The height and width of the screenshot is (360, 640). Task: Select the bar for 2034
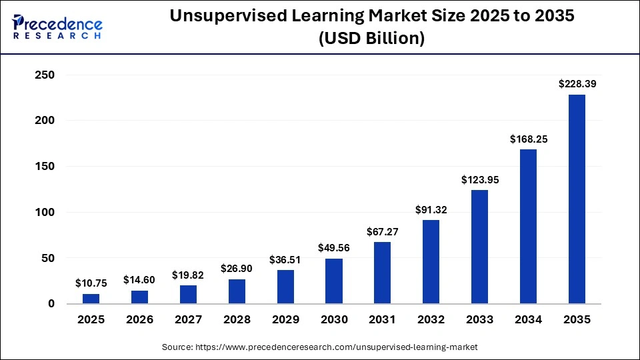(528, 227)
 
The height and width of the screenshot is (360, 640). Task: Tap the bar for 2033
(479, 247)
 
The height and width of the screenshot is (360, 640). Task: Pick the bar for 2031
(382, 273)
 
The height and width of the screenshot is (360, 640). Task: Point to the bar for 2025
(91, 299)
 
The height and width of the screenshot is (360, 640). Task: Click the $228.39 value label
(577, 84)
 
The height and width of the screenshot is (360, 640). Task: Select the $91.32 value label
(431, 210)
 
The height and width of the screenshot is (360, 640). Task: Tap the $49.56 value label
(333, 248)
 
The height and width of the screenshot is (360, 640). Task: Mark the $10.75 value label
(91, 283)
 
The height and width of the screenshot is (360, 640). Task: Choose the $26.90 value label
(237, 269)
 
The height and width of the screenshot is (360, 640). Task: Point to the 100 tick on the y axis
(44, 213)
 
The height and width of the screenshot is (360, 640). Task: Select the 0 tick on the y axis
(51, 304)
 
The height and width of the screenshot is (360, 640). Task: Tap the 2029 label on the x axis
(285, 320)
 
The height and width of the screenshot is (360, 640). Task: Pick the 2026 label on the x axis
(139, 320)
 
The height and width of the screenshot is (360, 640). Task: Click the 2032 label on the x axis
(431, 320)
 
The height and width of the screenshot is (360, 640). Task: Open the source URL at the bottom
(320, 347)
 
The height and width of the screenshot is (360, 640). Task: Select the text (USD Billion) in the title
(372, 39)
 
